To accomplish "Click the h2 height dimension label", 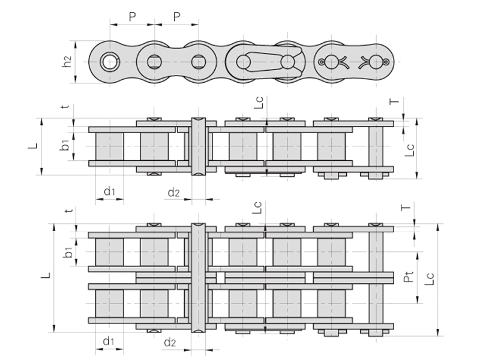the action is point(67,62).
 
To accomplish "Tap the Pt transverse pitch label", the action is point(408,277).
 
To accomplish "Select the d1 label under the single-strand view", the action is point(109,191).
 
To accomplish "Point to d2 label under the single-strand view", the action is point(173,193).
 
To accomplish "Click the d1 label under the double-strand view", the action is point(109,341).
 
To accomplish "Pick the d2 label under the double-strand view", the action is point(170,342).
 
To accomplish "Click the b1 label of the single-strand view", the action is point(65,145).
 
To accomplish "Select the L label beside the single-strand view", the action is point(32,146).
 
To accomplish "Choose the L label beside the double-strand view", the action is point(46,275).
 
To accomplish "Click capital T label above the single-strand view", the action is point(395,101).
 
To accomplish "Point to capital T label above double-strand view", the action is point(406,208).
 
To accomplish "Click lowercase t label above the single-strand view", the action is point(65,107).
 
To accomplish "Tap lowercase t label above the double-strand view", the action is point(70,211).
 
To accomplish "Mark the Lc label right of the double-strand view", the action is point(429,278).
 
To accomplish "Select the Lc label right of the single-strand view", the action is point(409,150).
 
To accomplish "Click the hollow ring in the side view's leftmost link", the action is point(110,62).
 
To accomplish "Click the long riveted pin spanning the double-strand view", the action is point(199,278).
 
